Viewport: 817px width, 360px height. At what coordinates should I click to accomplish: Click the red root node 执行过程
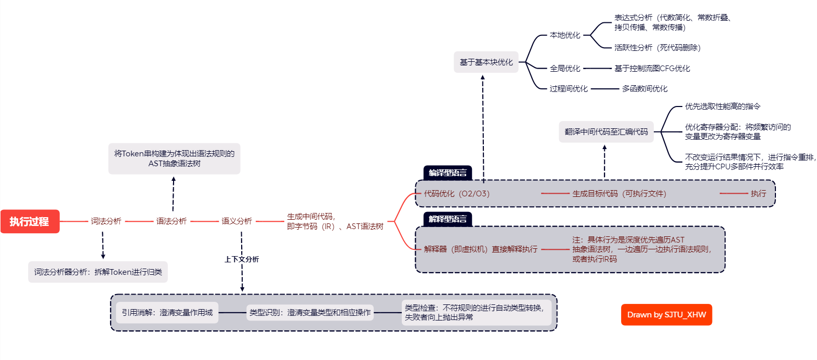tap(30, 222)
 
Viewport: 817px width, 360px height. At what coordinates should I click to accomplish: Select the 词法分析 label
tap(106, 221)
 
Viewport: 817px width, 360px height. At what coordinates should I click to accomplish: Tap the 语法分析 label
tap(172, 221)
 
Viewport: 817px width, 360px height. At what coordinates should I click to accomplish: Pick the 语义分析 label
tap(237, 221)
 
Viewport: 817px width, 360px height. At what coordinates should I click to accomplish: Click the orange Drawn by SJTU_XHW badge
tap(666, 315)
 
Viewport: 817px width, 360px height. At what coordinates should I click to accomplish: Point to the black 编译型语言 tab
tap(447, 173)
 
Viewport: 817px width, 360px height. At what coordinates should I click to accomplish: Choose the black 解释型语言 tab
tap(447, 219)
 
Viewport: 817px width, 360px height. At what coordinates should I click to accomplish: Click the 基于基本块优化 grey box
tap(486, 62)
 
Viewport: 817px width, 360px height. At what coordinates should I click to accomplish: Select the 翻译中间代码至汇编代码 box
tap(606, 132)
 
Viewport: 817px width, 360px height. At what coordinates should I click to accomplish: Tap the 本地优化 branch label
tap(565, 35)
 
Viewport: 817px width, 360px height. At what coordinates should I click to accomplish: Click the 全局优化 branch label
tap(565, 69)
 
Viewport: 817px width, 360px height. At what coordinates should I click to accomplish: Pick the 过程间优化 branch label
tap(569, 89)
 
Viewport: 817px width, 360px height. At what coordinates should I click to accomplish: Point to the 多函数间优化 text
tap(644, 89)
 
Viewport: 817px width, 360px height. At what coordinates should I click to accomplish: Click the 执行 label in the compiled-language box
tap(758, 194)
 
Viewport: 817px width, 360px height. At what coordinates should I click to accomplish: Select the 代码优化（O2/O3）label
tap(456, 194)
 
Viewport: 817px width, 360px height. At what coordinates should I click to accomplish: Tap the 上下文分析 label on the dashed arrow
tap(242, 259)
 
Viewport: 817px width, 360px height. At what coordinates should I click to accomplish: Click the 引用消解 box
tap(167, 313)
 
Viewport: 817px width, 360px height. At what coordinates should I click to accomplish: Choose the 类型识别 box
tap(310, 313)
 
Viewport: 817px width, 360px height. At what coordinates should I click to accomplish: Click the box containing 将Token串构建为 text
tap(174, 158)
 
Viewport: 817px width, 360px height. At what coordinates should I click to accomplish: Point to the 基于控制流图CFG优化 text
tap(652, 69)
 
